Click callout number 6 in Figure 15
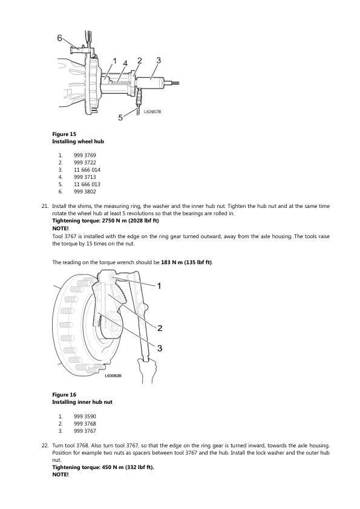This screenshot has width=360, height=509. (59, 38)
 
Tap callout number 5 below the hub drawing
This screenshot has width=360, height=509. (120, 117)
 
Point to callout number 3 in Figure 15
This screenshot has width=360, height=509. (159, 60)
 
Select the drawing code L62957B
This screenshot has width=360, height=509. (152, 112)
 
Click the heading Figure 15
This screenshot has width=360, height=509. (64, 134)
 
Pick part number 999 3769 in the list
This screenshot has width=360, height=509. (85, 155)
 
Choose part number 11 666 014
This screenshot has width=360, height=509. (87, 170)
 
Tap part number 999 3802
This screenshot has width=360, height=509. (85, 192)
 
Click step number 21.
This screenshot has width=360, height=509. (45, 206)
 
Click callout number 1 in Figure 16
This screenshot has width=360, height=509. (159, 286)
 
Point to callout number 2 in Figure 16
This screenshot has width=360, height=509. (160, 328)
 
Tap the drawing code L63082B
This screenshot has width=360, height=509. (113, 375)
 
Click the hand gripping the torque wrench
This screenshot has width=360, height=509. (146, 371)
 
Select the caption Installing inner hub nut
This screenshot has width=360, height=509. (82, 402)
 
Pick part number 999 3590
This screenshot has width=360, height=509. (85, 417)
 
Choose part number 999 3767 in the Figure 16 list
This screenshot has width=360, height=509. (85, 431)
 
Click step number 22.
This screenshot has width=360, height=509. (45, 446)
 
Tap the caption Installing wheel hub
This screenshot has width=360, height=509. (78, 141)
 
